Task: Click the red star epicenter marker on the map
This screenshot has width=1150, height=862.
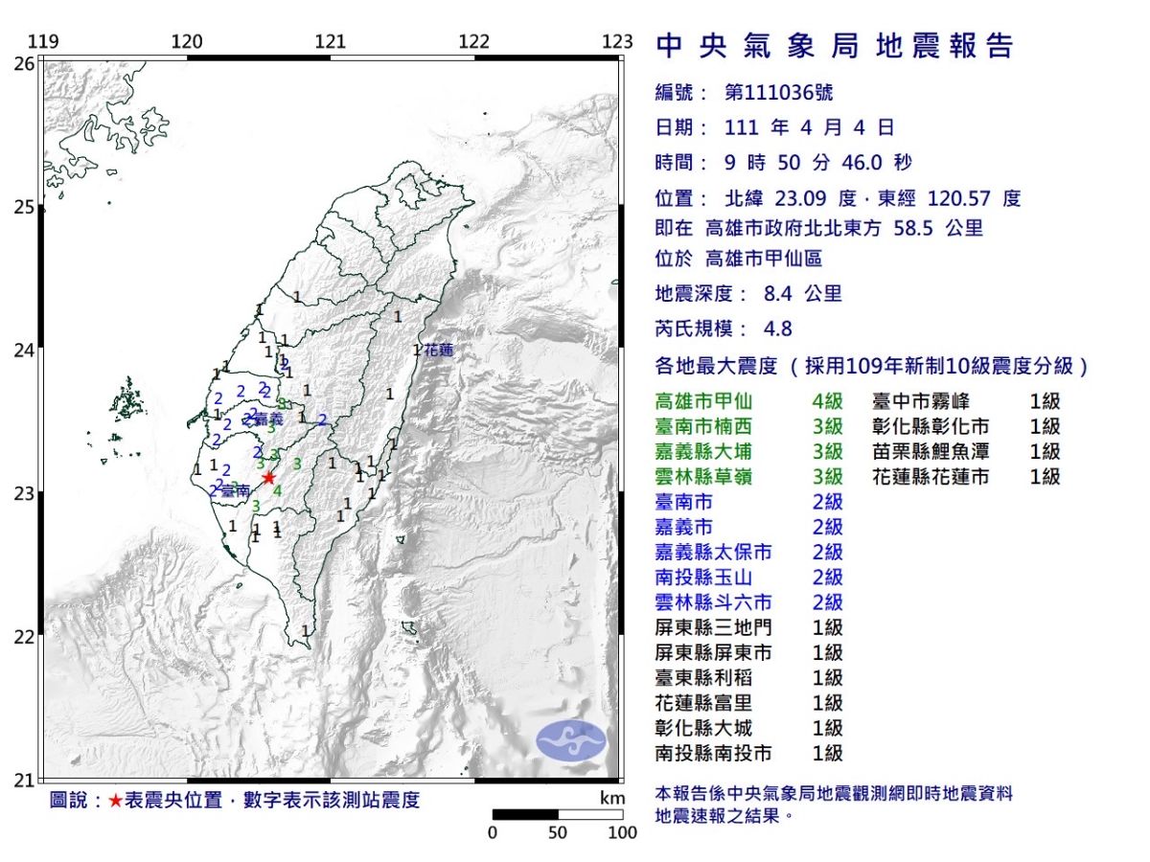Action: pyautogui.click(x=268, y=477)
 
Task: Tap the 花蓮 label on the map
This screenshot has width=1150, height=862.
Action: pyautogui.click(x=438, y=350)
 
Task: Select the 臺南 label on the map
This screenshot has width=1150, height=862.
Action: pyautogui.click(x=236, y=489)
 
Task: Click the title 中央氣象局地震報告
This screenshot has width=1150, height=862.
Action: pyautogui.click(x=834, y=46)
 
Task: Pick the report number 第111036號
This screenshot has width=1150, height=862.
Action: pyautogui.click(x=778, y=93)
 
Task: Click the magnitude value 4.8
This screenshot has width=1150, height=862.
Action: pyautogui.click(x=778, y=329)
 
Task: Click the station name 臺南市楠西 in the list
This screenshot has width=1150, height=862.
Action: pyautogui.click(x=701, y=427)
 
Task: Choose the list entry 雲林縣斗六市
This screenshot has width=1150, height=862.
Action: pyautogui.click(x=713, y=602)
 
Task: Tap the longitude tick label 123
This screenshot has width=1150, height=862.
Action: pyautogui.click(x=618, y=42)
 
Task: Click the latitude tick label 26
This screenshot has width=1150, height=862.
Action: pyautogui.click(x=23, y=64)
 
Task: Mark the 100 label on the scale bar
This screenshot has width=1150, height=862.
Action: pyautogui.click(x=621, y=832)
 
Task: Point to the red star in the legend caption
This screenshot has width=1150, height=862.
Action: pyautogui.click(x=115, y=801)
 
